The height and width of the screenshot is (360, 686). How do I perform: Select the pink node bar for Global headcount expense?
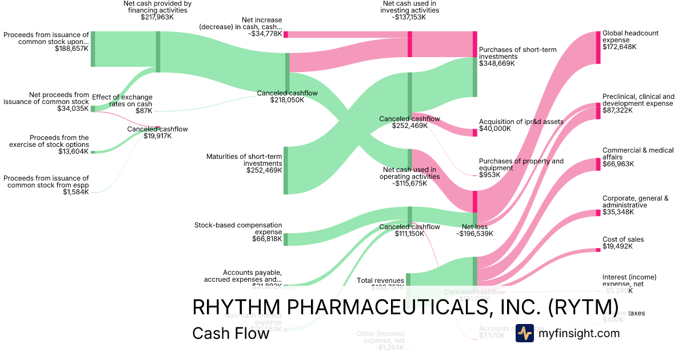[598, 47]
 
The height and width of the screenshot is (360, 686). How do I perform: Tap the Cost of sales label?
[623, 239]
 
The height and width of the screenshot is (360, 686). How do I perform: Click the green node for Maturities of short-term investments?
[286, 170]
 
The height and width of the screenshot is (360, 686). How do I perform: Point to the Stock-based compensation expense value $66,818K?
[267, 239]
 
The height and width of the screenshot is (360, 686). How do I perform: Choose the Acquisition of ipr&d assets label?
[521, 121]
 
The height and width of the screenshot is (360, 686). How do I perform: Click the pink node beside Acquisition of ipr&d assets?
[474, 133]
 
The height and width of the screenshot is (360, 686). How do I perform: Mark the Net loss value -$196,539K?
[474, 233]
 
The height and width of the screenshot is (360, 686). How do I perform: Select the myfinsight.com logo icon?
[525, 333]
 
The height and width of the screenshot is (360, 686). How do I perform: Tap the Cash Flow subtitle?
[230, 333]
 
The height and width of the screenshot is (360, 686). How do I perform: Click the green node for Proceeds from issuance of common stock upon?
[93, 49]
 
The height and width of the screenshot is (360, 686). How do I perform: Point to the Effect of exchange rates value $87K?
[143, 111]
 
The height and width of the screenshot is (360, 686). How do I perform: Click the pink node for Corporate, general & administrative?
[598, 213]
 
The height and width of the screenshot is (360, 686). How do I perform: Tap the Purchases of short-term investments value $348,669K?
[497, 63]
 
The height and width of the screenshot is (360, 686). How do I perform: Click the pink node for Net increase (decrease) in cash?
[286, 34]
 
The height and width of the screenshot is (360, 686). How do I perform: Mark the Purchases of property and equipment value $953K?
[489, 175]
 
